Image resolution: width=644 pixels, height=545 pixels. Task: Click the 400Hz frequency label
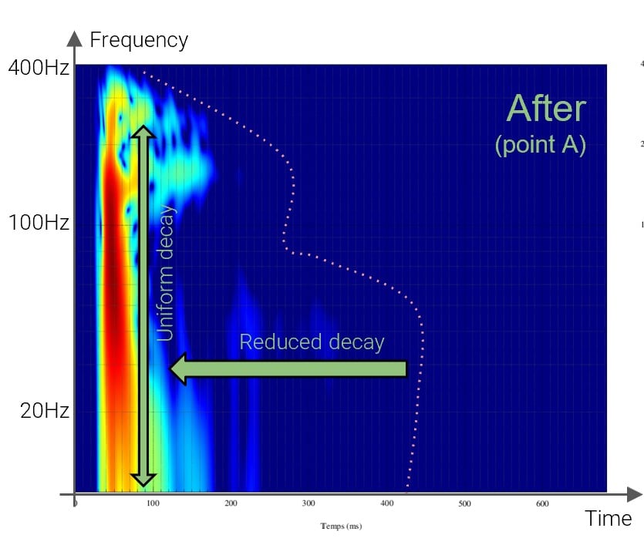(39, 69)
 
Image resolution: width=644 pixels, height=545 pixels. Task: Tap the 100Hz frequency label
(39, 224)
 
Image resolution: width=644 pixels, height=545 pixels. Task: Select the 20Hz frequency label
(45, 411)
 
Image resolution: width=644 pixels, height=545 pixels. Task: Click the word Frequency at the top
(139, 40)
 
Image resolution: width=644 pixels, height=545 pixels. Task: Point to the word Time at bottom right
(609, 519)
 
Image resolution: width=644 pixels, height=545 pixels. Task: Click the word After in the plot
(546, 109)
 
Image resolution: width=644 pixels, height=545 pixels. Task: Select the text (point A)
(540, 145)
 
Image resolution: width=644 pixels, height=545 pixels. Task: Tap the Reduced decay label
(312, 342)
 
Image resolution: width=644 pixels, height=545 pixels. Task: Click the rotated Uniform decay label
(166, 274)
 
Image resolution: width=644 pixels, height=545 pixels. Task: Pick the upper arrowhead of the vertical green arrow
(143, 130)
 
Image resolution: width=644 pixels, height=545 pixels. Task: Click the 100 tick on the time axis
(153, 504)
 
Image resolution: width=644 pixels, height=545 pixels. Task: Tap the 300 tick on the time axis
(309, 504)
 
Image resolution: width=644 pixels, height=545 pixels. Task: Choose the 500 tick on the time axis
(464, 504)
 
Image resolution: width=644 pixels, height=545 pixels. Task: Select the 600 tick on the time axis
(542, 504)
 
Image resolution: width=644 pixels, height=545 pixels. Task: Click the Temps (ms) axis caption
(341, 526)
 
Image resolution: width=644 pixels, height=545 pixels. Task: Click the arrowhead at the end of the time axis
(634, 494)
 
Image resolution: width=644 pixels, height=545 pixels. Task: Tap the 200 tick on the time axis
(231, 504)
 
